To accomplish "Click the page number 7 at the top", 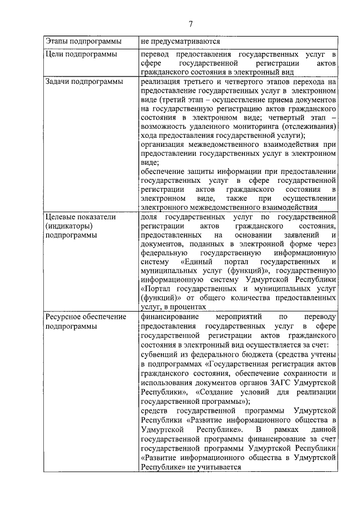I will (x=191, y=24).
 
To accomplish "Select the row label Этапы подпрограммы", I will (x=78, y=42).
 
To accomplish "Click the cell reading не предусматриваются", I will (x=181, y=42).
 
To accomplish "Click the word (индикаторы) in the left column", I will (x=68, y=226).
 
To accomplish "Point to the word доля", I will (x=149, y=217).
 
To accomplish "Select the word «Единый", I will (x=197, y=262).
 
